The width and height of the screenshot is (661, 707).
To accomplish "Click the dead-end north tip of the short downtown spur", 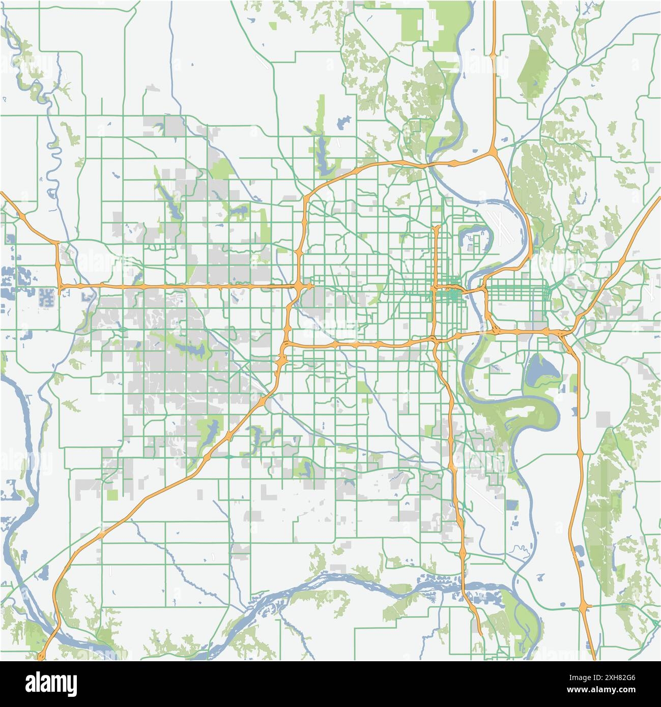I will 436,227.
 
